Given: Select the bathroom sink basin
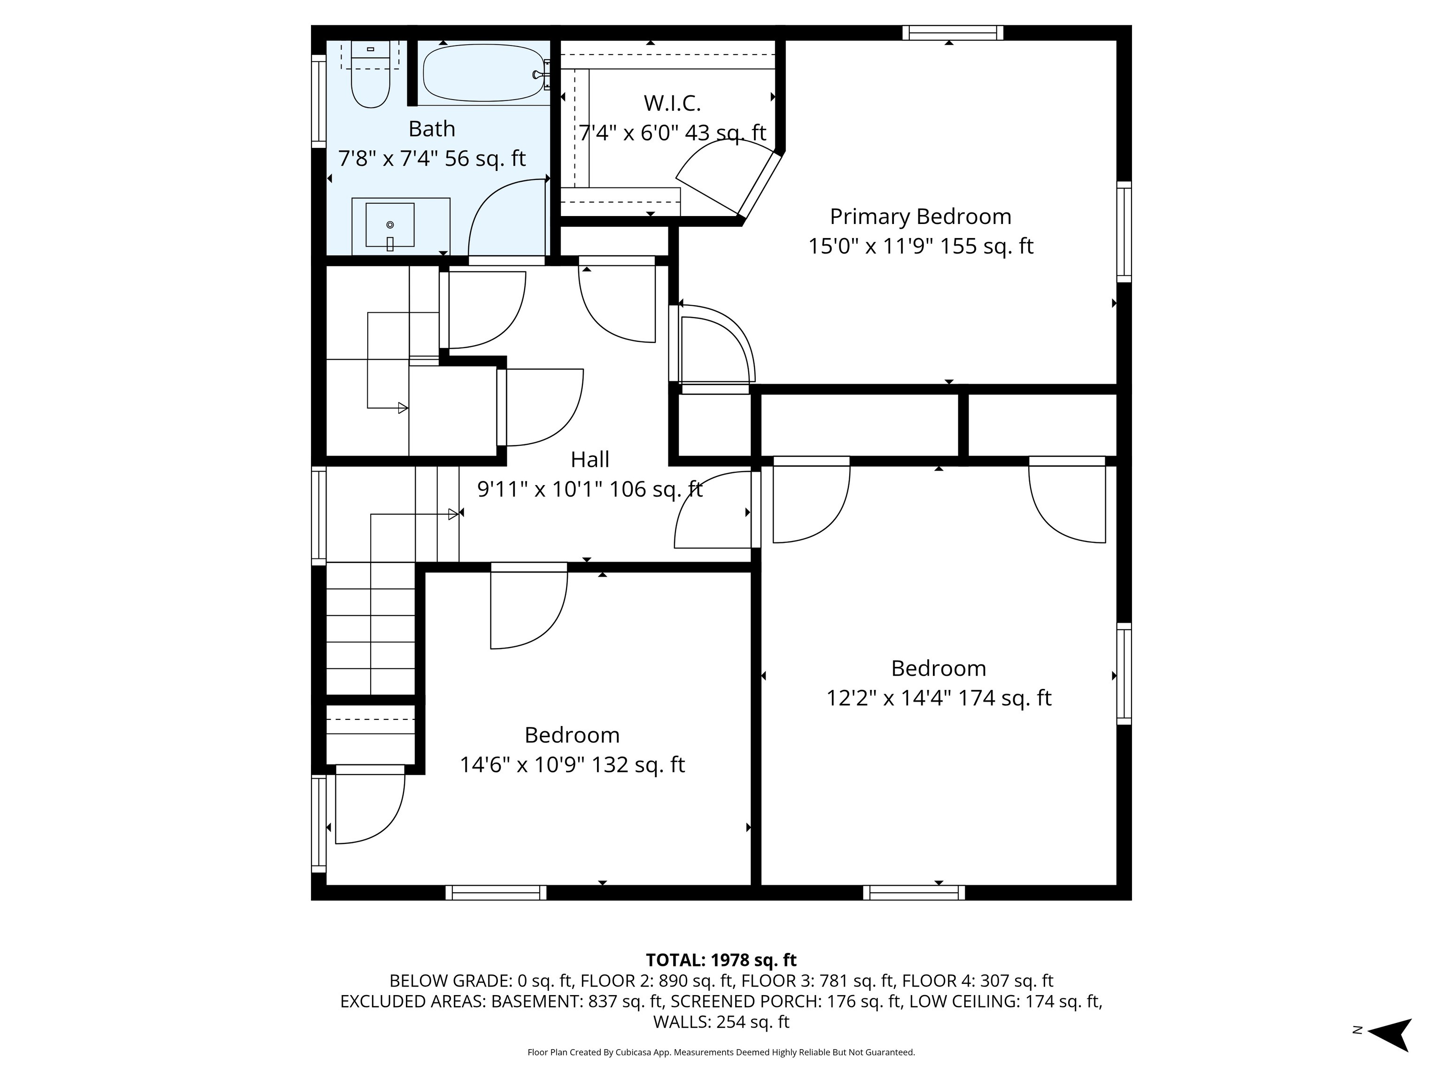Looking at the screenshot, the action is pyautogui.click(x=389, y=225).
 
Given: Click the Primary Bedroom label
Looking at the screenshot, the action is pyautogui.click(x=921, y=216).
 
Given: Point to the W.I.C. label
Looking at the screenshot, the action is pyautogui.click(x=672, y=103).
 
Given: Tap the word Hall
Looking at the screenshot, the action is pyautogui.click(x=590, y=459).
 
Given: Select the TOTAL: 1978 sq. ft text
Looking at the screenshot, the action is pyautogui.click(x=721, y=960).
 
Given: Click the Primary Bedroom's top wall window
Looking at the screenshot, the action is pyautogui.click(x=953, y=32).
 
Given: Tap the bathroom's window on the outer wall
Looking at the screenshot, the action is pyautogui.click(x=318, y=101).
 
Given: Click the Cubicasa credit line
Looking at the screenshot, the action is pyautogui.click(x=721, y=1052).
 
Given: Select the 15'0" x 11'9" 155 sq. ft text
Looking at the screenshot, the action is pyautogui.click(x=921, y=247).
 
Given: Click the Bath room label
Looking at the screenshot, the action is pyautogui.click(x=431, y=129).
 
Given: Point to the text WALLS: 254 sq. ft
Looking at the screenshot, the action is pyautogui.click(x=721, y=1021).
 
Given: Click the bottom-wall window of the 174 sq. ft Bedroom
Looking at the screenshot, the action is pyautogui.click(x=914, y=893).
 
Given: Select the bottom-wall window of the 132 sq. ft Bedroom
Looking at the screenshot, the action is pyautogui.click(x=496, y=893).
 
